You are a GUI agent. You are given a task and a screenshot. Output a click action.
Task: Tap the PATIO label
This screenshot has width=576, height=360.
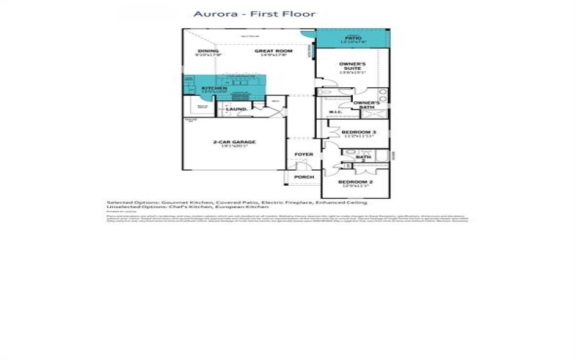(353, 37)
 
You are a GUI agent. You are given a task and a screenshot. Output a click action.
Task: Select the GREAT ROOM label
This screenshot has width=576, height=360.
(273, 51)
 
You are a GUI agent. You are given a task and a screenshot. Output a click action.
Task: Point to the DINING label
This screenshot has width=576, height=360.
(208, 51)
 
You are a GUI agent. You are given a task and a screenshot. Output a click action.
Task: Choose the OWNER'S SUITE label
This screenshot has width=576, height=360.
(353, 66)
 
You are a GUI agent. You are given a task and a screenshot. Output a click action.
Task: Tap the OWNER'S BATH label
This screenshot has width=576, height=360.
(371, 105)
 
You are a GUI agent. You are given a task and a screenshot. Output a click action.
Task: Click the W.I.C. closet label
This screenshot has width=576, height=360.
(335, 112)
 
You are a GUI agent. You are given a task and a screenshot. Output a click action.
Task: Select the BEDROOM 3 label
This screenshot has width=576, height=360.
(358, 132)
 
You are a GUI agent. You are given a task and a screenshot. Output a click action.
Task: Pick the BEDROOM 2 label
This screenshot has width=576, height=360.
(355, 182)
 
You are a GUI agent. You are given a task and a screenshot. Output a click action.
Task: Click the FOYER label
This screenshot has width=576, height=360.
(304, 155)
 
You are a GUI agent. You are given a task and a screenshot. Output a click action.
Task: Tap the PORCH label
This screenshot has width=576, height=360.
(304, 176)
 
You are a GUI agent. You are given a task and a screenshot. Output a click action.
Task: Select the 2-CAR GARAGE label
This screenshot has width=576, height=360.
(234, 142)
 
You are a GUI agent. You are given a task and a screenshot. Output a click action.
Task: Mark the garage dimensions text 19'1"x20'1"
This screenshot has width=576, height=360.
(234, 147)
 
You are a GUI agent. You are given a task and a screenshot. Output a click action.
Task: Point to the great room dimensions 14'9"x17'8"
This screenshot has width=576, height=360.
(273, 55)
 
